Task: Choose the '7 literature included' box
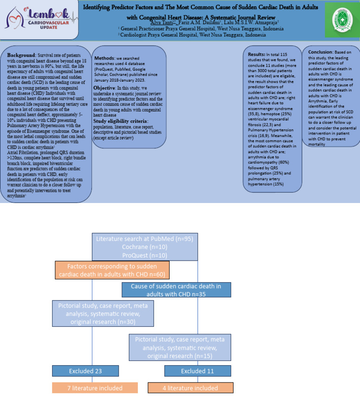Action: pyautogui.click(x=95, y=388)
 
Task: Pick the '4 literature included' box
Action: pyautogui.click(x=190, y=388)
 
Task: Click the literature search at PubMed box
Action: pyautogui.click(x=144, y=247)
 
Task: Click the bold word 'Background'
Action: pyautogui.click(x=22, y=55)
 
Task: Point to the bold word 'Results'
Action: pyautogui.click(x=256, y=54)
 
